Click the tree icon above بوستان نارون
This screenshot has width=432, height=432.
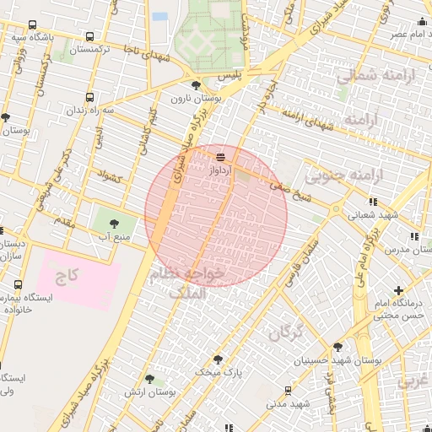point(197,85)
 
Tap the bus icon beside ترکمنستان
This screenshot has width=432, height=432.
point(89,36)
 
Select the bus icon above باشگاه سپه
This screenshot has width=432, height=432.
point(32,25)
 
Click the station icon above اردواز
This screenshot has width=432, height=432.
point(221,156)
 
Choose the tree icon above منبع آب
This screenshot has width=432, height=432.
point(115,224)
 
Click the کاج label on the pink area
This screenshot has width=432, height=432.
point(67,276)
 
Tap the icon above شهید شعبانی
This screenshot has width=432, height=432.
point(374,202)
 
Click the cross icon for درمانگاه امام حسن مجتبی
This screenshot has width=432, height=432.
point(398,291)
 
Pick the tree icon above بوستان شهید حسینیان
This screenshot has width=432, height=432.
point(338,347)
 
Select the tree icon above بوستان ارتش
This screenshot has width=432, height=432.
point(149,381)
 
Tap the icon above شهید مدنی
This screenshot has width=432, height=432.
point(289,391)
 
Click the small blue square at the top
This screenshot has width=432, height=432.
point(160,16)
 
